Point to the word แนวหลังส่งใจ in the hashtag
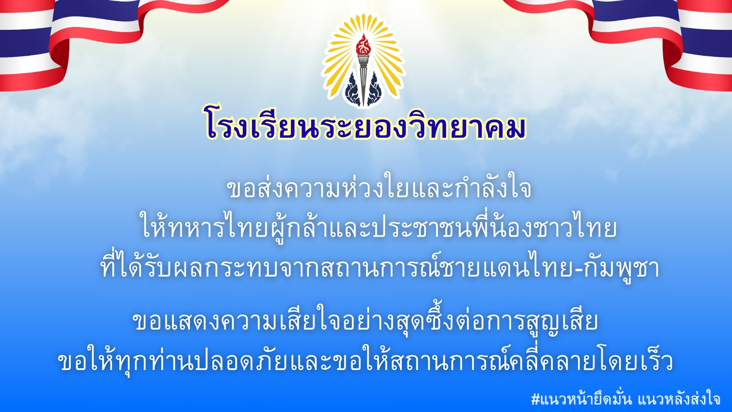click(x=679, y=398)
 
